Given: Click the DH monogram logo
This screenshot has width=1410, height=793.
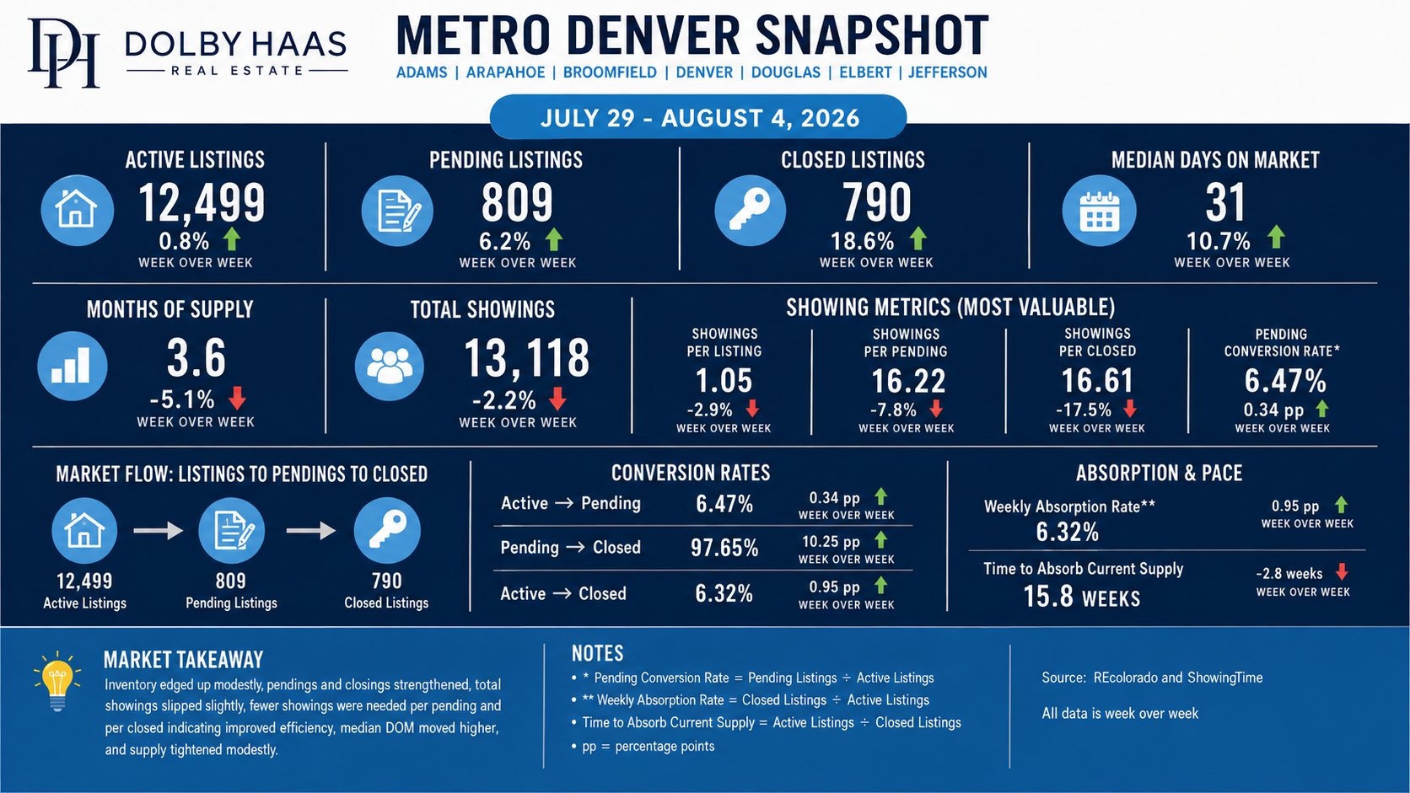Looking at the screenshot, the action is pyautogui.click(x=63, y=52).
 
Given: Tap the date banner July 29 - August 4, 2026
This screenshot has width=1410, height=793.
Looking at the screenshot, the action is pyautogui.click(x=699, y=118).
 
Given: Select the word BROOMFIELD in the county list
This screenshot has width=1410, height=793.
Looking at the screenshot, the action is pyautogui.click(x=610, y=72).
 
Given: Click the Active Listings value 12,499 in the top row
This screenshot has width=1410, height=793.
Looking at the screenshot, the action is pyautogui.click(x=202, y=202).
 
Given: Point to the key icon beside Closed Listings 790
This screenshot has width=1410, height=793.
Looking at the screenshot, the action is pyautogui.click(x=751, y=210).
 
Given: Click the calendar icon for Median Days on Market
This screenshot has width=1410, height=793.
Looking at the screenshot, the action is pyautogui.click(x=1099, y=211).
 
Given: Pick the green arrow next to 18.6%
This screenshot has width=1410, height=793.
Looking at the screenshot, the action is pyautogui.click(x=918, y=238).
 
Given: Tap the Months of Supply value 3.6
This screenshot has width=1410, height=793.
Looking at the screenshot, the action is pyautogui.click(x=196, y=358).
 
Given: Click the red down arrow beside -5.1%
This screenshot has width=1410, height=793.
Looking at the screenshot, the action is pyautogui.click(x=237, y=398).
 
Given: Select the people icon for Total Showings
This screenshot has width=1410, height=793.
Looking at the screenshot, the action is pyautogui.click(x=390, y=367).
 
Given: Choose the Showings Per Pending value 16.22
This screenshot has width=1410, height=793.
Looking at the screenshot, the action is pyautogui.click(x=907, y=381).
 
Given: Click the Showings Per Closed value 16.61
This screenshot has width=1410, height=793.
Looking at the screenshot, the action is pyautogui.click(x=1097, y=380).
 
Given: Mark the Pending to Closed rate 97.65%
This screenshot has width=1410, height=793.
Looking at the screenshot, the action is pyautogui.click(x=724, y=548).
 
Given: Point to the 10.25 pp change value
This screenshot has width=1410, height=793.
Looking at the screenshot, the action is pyautogui.click(x=831, y=542).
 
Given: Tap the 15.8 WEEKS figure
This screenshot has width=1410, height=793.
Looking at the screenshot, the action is pyautogui.click(x=1081, y=597).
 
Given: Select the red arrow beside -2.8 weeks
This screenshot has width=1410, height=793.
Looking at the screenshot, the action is pyautogui.click(x=1342, y=571).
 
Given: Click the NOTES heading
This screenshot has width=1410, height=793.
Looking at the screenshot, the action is pyautogui.click(x=597, y=653).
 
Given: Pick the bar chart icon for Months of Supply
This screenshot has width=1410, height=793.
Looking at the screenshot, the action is pyautogui.click(x=73, y=366).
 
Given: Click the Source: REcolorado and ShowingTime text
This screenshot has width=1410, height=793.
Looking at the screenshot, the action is pyautogui.click(x=1152, y=678).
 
